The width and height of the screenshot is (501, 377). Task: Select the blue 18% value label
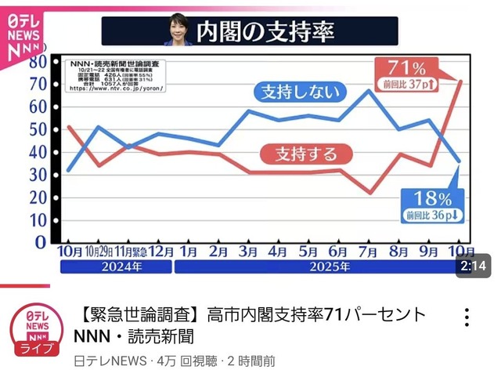[434, 198]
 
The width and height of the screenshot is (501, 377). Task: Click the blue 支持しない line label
[302, 92]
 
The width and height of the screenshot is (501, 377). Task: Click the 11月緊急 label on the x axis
[129, 252]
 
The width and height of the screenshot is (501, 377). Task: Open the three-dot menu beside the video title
[467, 317]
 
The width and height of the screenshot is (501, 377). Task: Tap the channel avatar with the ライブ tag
[32, 330]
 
